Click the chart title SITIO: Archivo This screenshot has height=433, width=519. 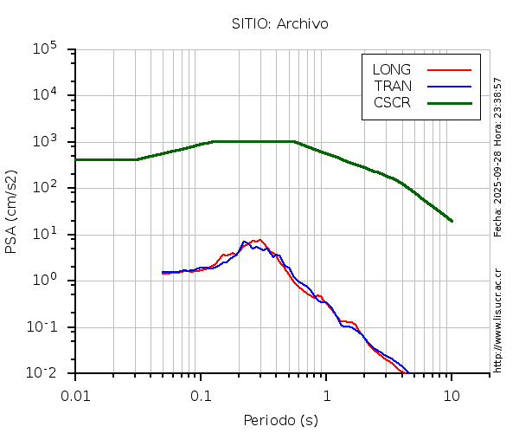(x=280, y=23)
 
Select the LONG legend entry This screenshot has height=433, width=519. (x=392, y=69)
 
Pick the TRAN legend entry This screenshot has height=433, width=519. (x=393, y=86)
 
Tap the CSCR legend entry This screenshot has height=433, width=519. (x=392, y=102)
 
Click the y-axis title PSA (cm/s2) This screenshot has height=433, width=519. (x=12, y=211)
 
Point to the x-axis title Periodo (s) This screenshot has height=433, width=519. (x=280, y=421)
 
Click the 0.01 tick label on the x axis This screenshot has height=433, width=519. (x=75, y=395)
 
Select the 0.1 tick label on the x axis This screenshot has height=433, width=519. (x=201, y=395)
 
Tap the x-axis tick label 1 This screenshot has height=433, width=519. (x=326, y=395)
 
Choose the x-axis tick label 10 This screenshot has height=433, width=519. (x=452, y=395)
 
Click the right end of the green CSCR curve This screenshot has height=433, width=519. (x=452, y=221)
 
